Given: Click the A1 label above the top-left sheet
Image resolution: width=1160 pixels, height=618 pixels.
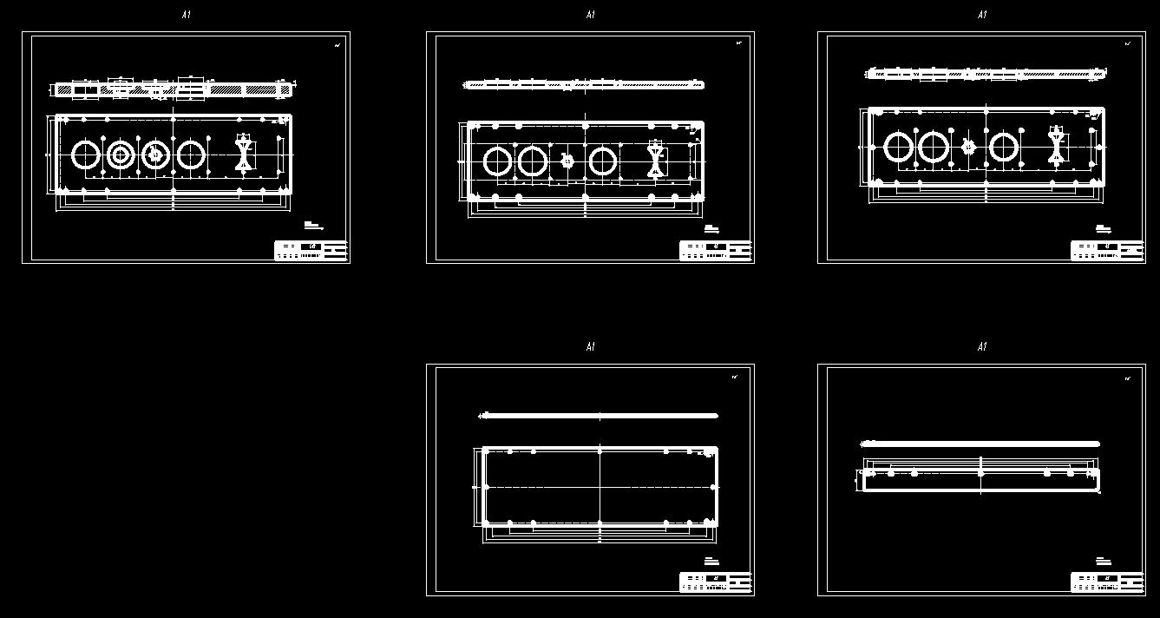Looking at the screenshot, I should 186,15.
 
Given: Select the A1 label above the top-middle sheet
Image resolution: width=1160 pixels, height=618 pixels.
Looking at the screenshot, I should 590,15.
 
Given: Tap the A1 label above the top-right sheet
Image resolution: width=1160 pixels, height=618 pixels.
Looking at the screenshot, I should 981,15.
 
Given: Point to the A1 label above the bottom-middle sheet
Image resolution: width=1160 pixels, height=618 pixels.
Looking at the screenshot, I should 590,347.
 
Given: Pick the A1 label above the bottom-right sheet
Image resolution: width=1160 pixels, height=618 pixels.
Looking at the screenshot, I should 981,347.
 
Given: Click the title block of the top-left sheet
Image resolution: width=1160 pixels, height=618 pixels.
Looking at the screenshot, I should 311,250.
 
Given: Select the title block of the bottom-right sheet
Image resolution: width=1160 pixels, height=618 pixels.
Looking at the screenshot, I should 1107,582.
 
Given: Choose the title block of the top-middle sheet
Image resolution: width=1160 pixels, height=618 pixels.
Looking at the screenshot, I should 716,250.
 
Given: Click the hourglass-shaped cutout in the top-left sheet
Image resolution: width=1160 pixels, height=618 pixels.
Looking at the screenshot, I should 244,154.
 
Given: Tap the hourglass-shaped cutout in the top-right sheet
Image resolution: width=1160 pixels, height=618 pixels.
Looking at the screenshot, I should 1056,146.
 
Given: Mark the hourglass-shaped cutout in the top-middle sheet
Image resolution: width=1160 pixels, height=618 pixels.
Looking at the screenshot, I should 655,161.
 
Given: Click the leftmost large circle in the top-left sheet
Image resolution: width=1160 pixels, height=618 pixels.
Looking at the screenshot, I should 86,155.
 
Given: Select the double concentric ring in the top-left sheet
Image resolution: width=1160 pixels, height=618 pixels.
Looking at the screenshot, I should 121,155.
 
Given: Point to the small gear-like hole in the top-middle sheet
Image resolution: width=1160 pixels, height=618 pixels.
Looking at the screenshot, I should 567,161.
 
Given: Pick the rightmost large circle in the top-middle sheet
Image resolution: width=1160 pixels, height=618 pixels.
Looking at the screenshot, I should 602,161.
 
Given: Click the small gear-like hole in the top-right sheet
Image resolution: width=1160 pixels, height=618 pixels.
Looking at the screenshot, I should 968,147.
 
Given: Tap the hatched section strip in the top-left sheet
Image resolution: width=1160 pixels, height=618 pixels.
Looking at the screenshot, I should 174,89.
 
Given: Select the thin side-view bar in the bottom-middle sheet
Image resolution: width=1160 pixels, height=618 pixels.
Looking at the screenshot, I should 599,416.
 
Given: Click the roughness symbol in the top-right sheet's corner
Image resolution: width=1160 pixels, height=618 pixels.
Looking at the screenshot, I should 1128,43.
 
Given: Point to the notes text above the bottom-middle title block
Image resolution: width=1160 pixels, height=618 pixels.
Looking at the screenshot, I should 711,561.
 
